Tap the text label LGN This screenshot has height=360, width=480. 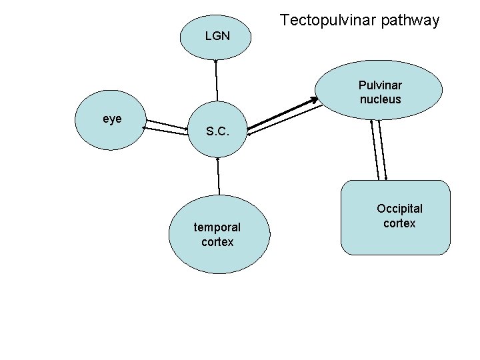pos(217,36)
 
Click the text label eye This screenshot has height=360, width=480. pos(112,119)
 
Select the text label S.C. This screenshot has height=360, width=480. pos(218,131)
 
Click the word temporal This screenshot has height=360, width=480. pos(217,227)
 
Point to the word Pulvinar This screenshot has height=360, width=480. pos(380,85)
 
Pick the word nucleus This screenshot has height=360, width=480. pos(380,99)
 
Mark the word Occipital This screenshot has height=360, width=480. pos(399,209)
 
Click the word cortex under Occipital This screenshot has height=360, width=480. pos(399,223)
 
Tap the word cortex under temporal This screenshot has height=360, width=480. pos(217,242)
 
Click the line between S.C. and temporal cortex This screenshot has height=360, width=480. pos(219,177)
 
